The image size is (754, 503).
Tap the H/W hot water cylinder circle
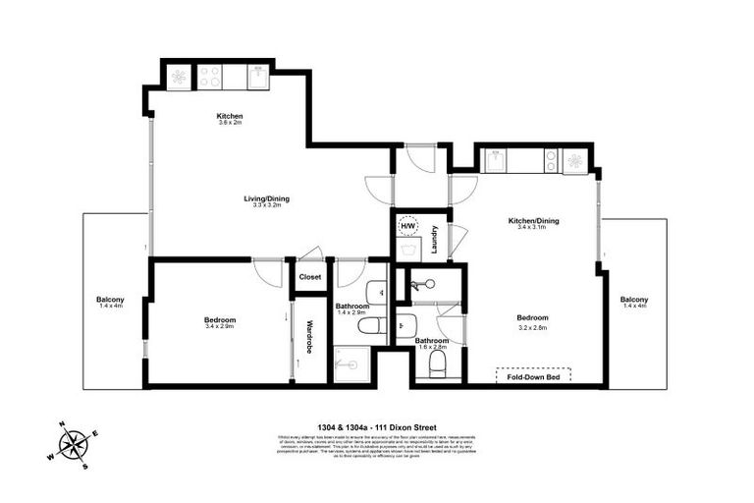[x=407, y=226]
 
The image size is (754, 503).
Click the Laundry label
[x=434, y=240]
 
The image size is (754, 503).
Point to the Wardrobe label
[x=308, y=337]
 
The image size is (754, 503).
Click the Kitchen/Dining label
[x=533, y=221]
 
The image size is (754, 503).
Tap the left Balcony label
[x=109, y=300]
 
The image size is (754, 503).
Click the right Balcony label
[x=633, y=300]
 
